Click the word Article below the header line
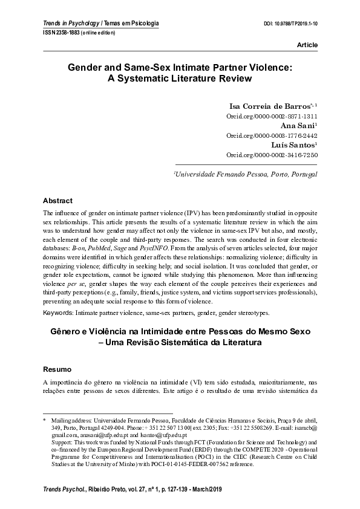pyautogui.click(x=307, y=45)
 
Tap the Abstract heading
pyautogui.click(x=57, y=201)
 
